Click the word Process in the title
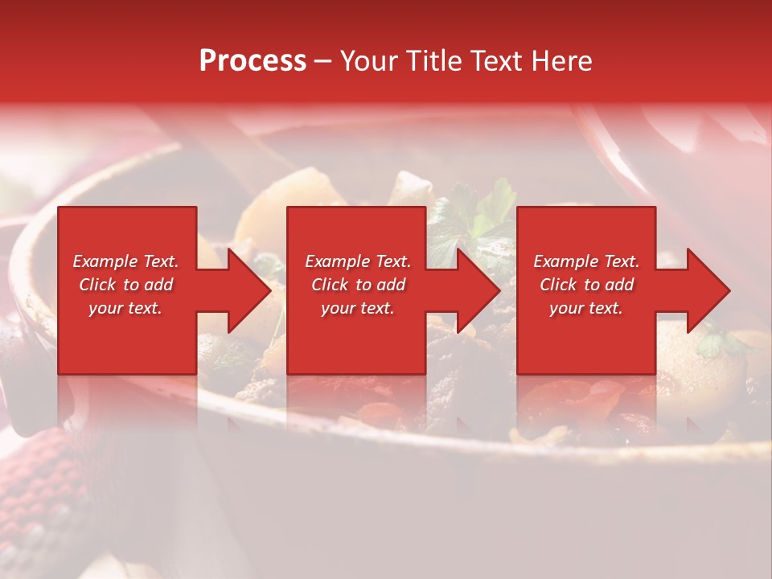pos(253,61)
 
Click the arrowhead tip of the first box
pos(269,290)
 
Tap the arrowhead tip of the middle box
pos(499,290)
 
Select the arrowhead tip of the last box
pos(729,290)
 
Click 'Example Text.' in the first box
pos(125,261)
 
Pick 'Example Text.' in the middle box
pos(358,261)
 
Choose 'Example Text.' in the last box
pos(586,261)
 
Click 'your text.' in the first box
pos(125,308)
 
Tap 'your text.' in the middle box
pos(358,308)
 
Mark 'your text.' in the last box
pos(586,308)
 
